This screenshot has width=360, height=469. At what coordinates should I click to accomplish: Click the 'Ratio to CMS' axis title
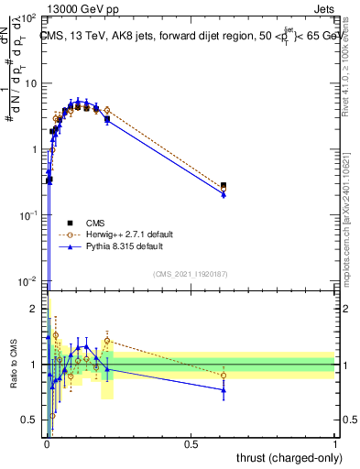(14, 365)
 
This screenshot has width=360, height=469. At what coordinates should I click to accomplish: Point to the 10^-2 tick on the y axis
(27, 280)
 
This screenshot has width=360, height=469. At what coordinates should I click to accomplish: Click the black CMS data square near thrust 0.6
(224, 186)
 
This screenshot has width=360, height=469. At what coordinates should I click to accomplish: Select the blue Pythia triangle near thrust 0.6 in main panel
(224, 194)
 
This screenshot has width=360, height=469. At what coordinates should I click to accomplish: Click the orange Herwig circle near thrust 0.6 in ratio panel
(224, 375)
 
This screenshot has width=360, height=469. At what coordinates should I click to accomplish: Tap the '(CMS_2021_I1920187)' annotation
(191, 274)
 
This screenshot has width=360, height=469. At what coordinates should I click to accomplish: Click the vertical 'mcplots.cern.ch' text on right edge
(353, 220)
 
